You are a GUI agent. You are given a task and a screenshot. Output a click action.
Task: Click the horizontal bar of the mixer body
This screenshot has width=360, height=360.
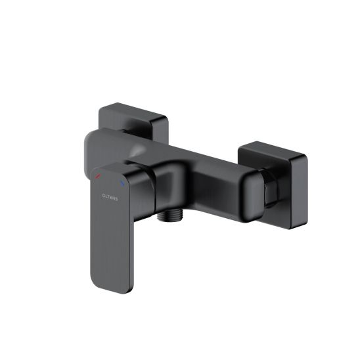coord(197,164)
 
